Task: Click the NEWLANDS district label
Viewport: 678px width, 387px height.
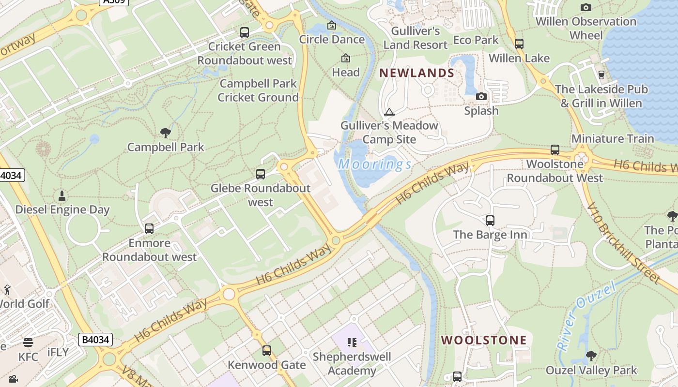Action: (416, 73)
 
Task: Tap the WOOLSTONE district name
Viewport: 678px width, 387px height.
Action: (483, 340)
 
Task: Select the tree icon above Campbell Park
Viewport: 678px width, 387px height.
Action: (166, 133)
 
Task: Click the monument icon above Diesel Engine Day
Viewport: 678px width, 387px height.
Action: (62, 195)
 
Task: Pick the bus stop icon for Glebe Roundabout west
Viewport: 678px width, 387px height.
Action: (261, 174)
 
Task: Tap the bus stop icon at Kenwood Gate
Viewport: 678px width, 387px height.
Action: (267, 351)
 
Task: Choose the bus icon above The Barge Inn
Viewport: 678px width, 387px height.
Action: (490, 221)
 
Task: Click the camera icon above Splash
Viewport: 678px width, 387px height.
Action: (481, 97)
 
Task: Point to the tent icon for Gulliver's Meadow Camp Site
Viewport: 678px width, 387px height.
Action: (389, 112)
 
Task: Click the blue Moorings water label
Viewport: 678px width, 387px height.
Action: (375, 164)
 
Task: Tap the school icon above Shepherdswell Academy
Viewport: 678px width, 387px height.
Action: (352, 342)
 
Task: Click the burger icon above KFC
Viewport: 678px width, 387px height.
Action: (28, 342)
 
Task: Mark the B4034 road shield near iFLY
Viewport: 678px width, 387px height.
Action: (95, 340)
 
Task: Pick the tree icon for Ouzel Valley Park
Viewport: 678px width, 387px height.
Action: (591, 357)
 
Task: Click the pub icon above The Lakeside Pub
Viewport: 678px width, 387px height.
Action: (601, 75)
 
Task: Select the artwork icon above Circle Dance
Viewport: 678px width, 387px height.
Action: (332, 25)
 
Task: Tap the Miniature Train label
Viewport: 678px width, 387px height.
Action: (613, 139)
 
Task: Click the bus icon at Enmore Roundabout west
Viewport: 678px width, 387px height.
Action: (149, 229)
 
